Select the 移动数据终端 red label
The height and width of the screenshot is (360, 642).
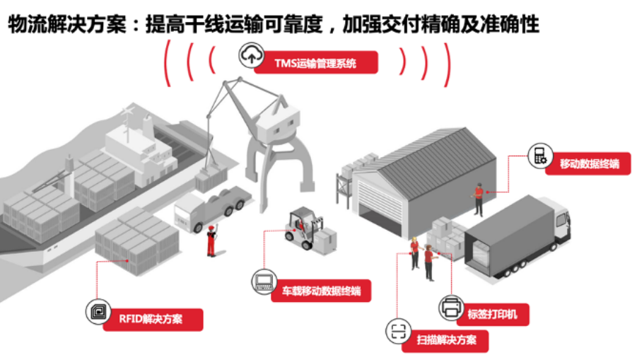[589, 164]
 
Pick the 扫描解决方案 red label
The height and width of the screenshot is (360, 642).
[445, 341]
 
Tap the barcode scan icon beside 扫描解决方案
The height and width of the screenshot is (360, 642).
[397, 331]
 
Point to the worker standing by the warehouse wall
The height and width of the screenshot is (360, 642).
[479, 198]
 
